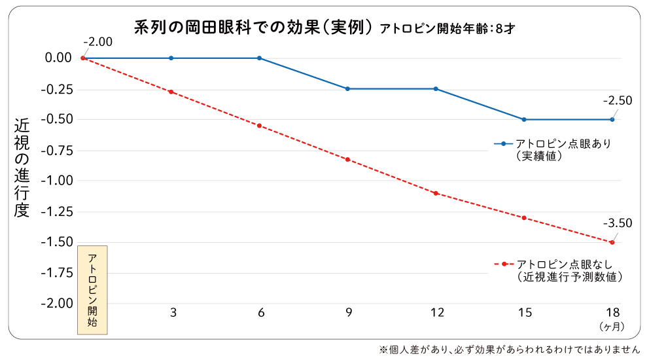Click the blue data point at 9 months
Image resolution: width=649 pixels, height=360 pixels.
point(347,88)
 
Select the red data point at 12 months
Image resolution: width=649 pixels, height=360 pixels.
point(436,193)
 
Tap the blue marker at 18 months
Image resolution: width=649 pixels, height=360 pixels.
point(612,119)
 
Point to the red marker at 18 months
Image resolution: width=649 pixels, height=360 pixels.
point(612,242)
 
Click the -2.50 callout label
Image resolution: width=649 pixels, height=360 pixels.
point(617,101)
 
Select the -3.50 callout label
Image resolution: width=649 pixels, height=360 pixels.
point(617,223)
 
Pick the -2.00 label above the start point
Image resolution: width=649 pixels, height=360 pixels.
point(98,42)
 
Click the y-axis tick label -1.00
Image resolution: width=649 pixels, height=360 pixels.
point(58,181)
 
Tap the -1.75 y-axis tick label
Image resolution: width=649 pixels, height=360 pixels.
point(58,273)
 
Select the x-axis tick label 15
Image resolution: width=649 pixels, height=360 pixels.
point(525,313)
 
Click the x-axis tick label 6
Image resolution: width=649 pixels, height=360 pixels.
point(260,313)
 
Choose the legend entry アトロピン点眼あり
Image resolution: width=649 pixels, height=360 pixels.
point(563,144)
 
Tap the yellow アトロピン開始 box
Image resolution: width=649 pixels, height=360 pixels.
point(92,290)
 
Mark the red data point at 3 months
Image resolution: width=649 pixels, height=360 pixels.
point(171,92)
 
